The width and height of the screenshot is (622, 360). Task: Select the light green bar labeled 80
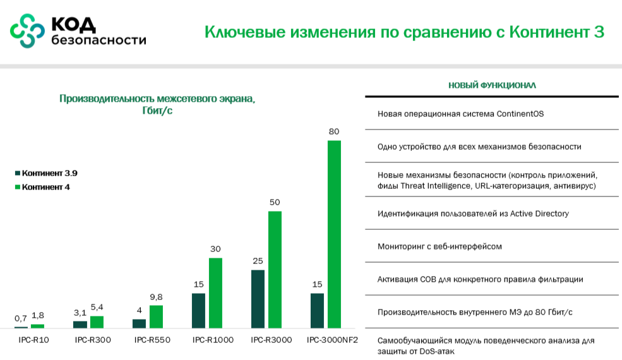coord(333,234)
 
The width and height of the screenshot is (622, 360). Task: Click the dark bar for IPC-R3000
coord(258,299)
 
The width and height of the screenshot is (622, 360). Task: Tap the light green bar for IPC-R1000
coord(216,293)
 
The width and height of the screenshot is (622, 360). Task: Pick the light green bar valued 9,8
coord(156,316)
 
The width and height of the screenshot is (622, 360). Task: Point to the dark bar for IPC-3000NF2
coord(317,310)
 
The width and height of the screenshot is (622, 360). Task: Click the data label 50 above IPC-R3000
coord(274,202)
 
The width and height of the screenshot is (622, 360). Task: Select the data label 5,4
coord(97,307)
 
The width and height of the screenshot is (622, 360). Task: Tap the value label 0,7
coord(21,318)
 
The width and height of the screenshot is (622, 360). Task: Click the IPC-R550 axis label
coord(152,340)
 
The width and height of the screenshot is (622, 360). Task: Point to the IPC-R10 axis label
coord(33,340)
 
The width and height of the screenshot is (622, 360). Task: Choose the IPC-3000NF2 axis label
coord(332,340)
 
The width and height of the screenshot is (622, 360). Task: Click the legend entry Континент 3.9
coord(49,173)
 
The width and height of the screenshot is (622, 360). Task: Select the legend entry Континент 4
coord(45,187)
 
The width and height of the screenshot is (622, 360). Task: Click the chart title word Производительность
coord(105,99)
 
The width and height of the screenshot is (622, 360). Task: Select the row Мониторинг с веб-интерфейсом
coord(440,246)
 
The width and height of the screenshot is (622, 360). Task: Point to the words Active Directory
coord(536,213)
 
